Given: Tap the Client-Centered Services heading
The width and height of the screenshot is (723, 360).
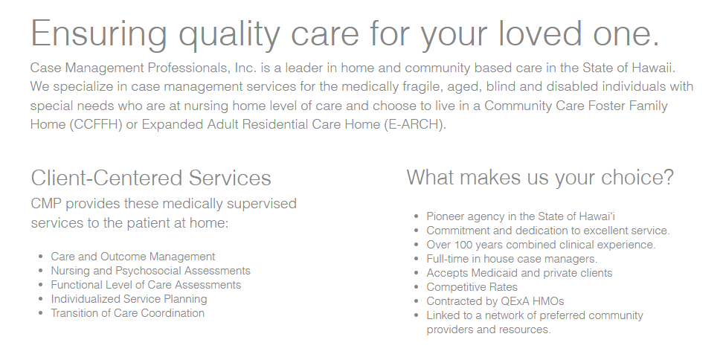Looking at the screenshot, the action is coord(151,178).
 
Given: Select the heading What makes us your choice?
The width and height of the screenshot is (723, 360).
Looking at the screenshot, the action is coord(540,178).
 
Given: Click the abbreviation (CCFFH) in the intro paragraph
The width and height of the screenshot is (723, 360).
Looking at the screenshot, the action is coord(96,124).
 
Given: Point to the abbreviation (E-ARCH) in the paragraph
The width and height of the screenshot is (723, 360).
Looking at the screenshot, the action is coord(415,124).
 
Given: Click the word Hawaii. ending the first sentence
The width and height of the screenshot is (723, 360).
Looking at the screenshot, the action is coord(653,68).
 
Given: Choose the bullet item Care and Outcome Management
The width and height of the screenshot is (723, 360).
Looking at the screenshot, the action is coord(133,257).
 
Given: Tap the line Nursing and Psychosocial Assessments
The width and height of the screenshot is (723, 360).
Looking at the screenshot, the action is coord(151,271).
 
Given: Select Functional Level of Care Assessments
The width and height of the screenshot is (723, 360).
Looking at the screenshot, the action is coord(146,285).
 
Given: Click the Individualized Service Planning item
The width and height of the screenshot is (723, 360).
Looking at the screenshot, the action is coord(129,299).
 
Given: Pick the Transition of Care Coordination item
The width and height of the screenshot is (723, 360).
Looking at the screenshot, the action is coord(128,313).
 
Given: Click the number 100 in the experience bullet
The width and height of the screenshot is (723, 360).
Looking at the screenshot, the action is coord(463,245).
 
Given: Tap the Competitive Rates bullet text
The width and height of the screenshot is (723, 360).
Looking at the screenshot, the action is coord(472,287).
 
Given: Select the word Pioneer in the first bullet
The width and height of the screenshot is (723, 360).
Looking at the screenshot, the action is coord(445,216).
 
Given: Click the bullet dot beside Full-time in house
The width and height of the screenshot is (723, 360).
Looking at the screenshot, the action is coord(417,259).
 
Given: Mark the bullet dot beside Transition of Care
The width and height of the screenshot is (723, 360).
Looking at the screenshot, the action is coord(41,313).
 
